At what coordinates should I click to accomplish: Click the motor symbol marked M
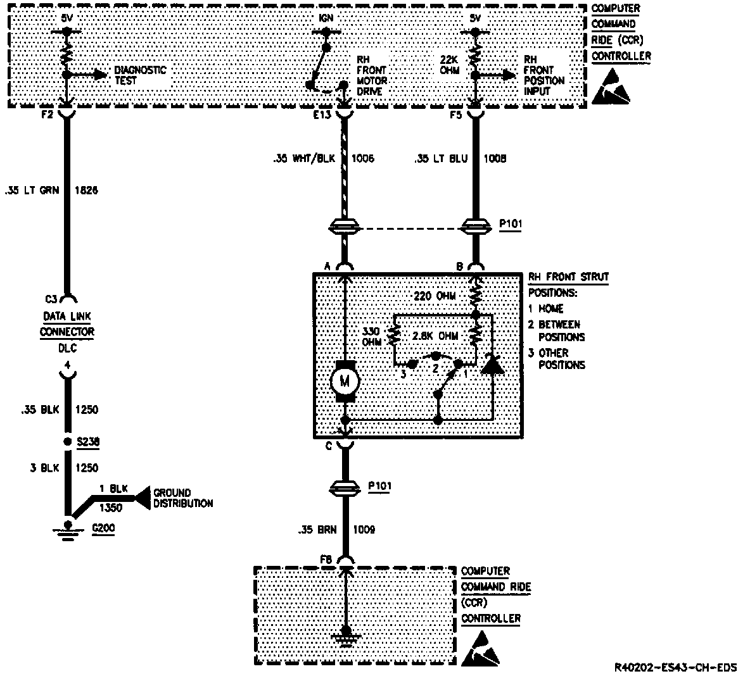(x=345, y=381)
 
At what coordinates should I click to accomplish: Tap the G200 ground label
(x=103, y=528)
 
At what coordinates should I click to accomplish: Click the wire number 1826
(x=86, y=189)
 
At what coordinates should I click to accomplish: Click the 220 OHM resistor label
(x=435, y=296)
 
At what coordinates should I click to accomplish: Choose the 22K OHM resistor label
(x=450, y=64)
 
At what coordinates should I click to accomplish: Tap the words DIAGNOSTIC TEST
(x=139, y=75)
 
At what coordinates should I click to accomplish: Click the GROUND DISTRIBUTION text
(x=182, y=498)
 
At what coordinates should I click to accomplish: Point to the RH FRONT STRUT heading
(x=568, y=277)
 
